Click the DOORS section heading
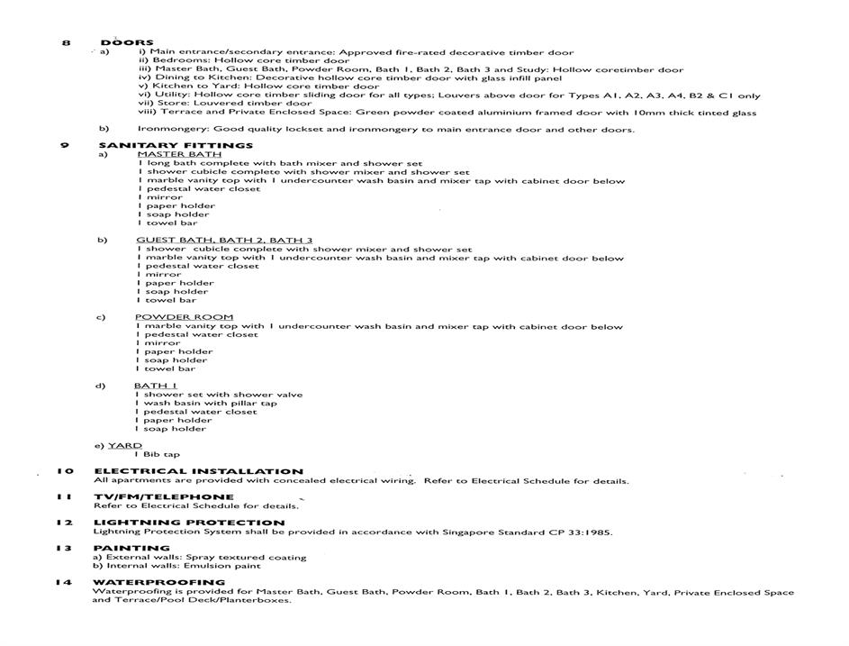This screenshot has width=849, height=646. pos(127,42)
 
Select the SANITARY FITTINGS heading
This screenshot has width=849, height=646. pos(176,145)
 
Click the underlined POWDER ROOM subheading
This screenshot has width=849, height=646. pos(185,317)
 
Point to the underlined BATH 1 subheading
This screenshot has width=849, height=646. pos(156,386)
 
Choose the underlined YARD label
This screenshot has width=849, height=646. pos(125,446)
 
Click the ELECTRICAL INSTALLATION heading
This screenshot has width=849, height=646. pos(198,471)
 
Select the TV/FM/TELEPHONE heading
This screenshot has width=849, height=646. pos(164,496)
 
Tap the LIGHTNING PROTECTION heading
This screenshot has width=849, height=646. pos(189,523)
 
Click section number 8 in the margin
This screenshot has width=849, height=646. pos(66,42)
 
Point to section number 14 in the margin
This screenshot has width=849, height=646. pos(63,582)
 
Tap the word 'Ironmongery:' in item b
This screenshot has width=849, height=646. pos(167,129)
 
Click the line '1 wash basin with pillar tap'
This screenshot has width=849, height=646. pos(206,403)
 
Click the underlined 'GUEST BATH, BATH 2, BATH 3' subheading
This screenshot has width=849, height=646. pos(224,241)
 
